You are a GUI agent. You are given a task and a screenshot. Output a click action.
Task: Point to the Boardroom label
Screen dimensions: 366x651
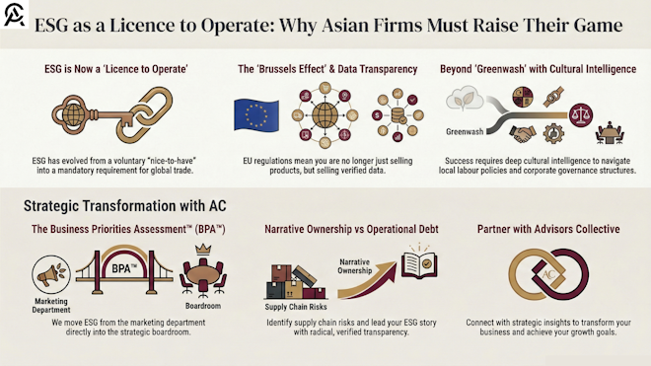click(x=204, y=306)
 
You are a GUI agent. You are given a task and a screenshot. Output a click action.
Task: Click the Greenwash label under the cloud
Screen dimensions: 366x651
click(x=466, y=130)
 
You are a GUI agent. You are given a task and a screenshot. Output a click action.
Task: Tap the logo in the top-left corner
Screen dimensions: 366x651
click(x=15, y=16)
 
